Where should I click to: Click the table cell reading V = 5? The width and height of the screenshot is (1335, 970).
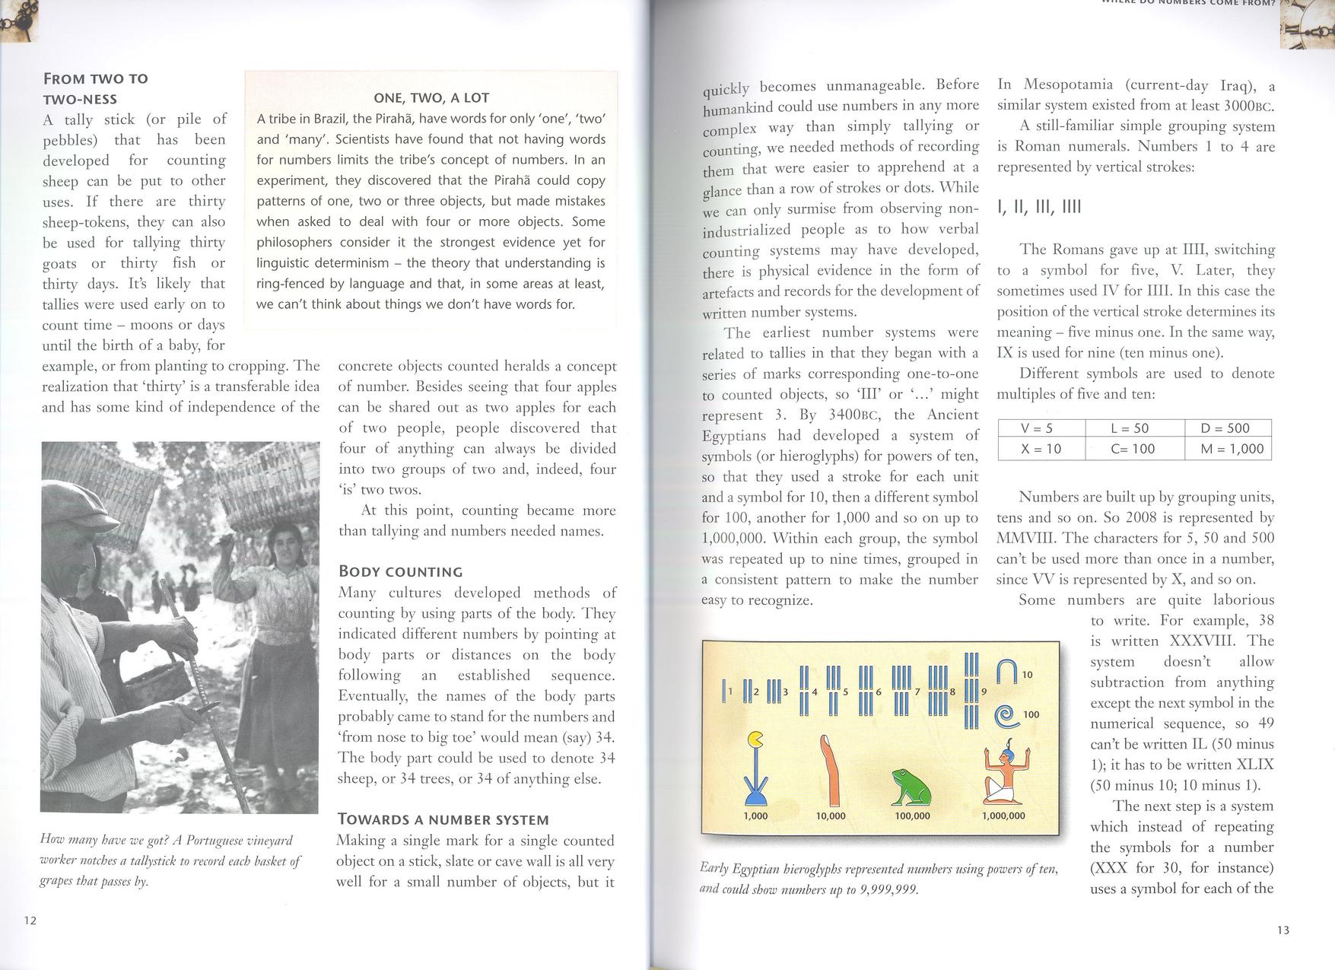point(1041,428)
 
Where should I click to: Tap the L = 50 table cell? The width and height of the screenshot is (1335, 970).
point(1133,428)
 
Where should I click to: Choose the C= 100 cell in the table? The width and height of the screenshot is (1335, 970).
point(1133,449)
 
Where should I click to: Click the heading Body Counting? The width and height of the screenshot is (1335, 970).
point(400,571)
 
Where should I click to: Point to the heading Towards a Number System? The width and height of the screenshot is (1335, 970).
point(443,819)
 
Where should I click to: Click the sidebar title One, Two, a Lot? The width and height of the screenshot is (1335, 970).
point(431,97)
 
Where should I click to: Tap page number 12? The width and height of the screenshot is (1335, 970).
point(30,921)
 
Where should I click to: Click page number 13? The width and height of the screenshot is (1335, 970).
point(1283,930)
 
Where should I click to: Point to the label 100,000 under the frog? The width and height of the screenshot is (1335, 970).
point(912,816)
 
